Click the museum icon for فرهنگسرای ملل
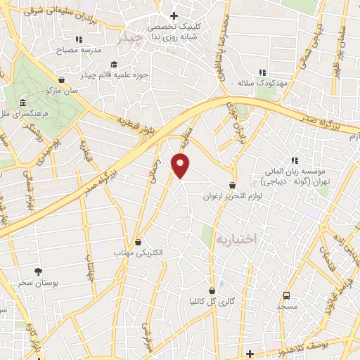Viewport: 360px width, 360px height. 23,103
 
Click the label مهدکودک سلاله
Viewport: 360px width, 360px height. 254,83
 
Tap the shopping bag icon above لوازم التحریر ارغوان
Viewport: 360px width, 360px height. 233,185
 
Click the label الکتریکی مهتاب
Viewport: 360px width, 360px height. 138,252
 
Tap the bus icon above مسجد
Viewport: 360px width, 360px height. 286,295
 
